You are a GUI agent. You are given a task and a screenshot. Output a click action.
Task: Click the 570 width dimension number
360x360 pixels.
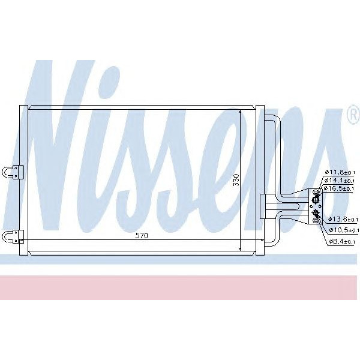coord(141,236)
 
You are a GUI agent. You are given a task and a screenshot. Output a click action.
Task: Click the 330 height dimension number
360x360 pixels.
coord(236,179)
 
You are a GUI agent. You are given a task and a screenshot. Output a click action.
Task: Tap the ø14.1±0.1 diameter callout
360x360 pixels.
coord(341,180)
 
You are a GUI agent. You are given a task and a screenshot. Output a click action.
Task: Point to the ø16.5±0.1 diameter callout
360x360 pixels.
coord(341,188)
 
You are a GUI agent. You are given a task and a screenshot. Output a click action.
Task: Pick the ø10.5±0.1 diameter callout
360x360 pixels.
coord(344,230)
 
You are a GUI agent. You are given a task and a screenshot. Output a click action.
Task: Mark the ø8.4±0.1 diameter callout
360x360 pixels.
coord(342,242)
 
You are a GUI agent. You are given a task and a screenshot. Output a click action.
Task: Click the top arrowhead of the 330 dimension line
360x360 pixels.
coord(241,113)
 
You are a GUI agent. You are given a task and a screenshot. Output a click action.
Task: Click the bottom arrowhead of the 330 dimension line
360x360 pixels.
coord(241,247)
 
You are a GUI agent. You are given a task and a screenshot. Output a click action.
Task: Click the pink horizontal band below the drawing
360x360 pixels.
coord(180,287)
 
